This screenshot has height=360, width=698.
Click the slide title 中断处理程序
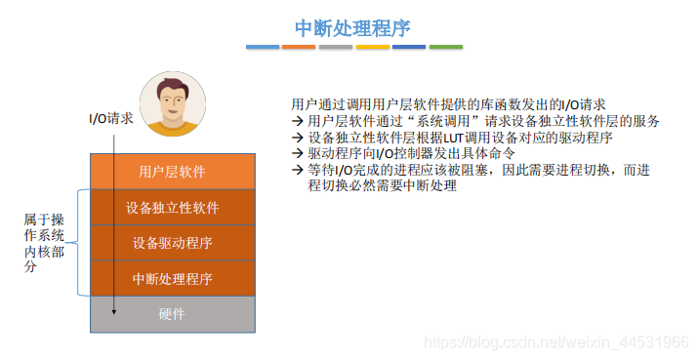[x=353, y=27]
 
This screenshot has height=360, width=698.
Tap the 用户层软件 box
[x=172, y=172]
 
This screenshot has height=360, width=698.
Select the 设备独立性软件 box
[x=172, y=207]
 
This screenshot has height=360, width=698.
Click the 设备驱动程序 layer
[x=172, y=243]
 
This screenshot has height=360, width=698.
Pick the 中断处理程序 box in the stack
[x=172, y=279]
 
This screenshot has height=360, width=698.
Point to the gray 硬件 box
[x=172, y=314]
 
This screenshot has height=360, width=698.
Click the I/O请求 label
[x=111, y=119]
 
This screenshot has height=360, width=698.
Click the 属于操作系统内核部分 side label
[x=44, y=242]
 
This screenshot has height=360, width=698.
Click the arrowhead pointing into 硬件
[x=114, y=312]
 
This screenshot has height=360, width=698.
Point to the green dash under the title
[x=445, y=47]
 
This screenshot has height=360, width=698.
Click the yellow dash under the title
[x=372, y=47]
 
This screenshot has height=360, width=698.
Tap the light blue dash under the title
[x=262, y=47]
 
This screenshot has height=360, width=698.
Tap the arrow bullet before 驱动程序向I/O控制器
[x=298, y=153]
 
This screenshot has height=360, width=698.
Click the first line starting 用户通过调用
[x=449, y=104]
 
